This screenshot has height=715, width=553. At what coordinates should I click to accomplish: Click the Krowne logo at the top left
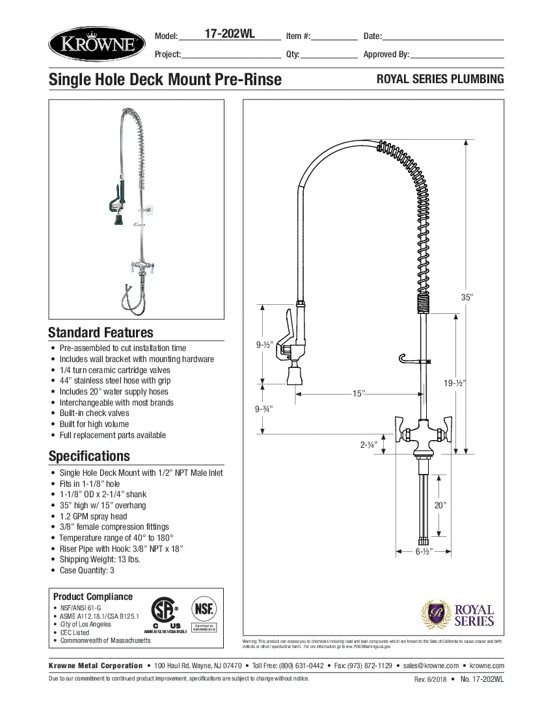click(x=95, y=45)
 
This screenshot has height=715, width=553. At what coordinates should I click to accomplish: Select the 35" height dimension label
click(x=466, y=297)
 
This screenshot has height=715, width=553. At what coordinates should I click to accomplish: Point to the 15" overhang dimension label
click(x=358, y=394)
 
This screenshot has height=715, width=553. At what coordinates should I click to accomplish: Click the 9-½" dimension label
click(x=263, y=344)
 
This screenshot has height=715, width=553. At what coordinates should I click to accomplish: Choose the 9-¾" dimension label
click(x=263, y=409)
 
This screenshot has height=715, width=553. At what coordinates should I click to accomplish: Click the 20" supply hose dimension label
click(x=440, y=505)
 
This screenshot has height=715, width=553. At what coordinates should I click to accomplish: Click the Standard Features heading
click(x=101, y=333)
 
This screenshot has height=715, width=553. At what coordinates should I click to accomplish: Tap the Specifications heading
click(x=89, y=456)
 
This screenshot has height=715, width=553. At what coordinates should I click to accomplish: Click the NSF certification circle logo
click(x=204, y=610)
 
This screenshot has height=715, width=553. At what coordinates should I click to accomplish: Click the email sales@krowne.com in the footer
click(x=430, y=666)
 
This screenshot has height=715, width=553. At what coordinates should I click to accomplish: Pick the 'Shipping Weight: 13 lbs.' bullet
click(x=100, y=560)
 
